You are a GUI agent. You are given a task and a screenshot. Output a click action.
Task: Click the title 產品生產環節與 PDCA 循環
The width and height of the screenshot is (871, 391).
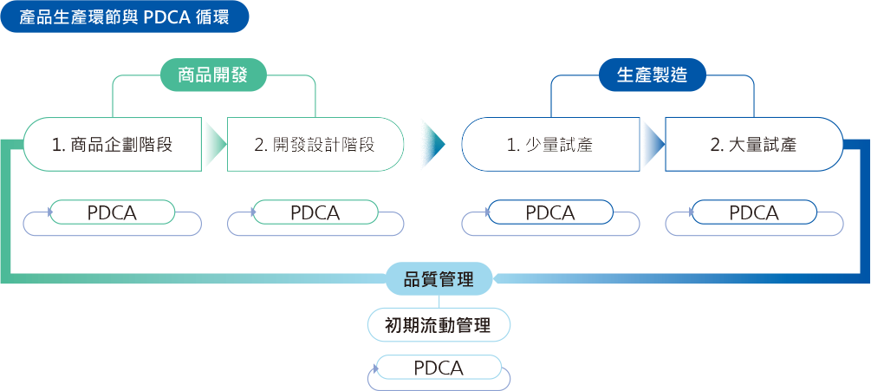point(125,17)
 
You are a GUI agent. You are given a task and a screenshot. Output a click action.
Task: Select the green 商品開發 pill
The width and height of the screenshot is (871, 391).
point(213,75)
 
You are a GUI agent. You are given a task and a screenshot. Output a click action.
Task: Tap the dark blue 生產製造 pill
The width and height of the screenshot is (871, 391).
point(652,75)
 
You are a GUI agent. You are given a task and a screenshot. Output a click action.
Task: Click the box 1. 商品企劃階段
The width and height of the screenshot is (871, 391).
point(112,145)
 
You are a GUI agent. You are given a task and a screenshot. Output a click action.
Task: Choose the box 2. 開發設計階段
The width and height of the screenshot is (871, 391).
point(315,145)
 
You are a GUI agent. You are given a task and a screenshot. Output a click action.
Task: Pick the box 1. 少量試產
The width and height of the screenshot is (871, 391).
point(550,145)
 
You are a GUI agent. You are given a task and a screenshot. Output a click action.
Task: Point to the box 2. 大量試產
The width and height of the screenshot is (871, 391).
point(754,145)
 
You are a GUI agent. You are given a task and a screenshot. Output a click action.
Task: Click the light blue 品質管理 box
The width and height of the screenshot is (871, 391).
point(439,279)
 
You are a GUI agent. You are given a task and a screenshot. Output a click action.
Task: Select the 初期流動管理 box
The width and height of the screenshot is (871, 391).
point(439,325)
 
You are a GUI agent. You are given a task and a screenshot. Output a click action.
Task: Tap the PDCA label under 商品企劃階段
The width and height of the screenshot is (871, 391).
point(112,212)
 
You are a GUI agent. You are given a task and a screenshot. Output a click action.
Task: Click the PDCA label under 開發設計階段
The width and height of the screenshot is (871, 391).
point(315,212)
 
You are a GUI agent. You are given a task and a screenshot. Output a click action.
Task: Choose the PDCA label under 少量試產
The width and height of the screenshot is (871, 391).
point(550,212)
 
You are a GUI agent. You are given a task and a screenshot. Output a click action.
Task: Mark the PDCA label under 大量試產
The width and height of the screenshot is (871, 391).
point(754,212)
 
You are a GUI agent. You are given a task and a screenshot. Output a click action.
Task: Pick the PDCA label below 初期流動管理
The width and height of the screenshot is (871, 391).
point(439,368)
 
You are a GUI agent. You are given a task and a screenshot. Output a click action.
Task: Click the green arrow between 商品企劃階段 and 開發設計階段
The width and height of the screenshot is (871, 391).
point(215,145)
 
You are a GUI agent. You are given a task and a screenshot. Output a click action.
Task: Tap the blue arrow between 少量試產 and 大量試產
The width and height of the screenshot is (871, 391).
point(653,145)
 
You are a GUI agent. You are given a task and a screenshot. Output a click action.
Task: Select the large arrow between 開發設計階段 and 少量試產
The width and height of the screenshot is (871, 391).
point(433,145)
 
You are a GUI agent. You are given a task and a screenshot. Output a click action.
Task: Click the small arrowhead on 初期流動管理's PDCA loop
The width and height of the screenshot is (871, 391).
point(377,368)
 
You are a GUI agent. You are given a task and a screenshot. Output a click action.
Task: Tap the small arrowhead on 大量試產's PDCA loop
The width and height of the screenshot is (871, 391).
point(692,212)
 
